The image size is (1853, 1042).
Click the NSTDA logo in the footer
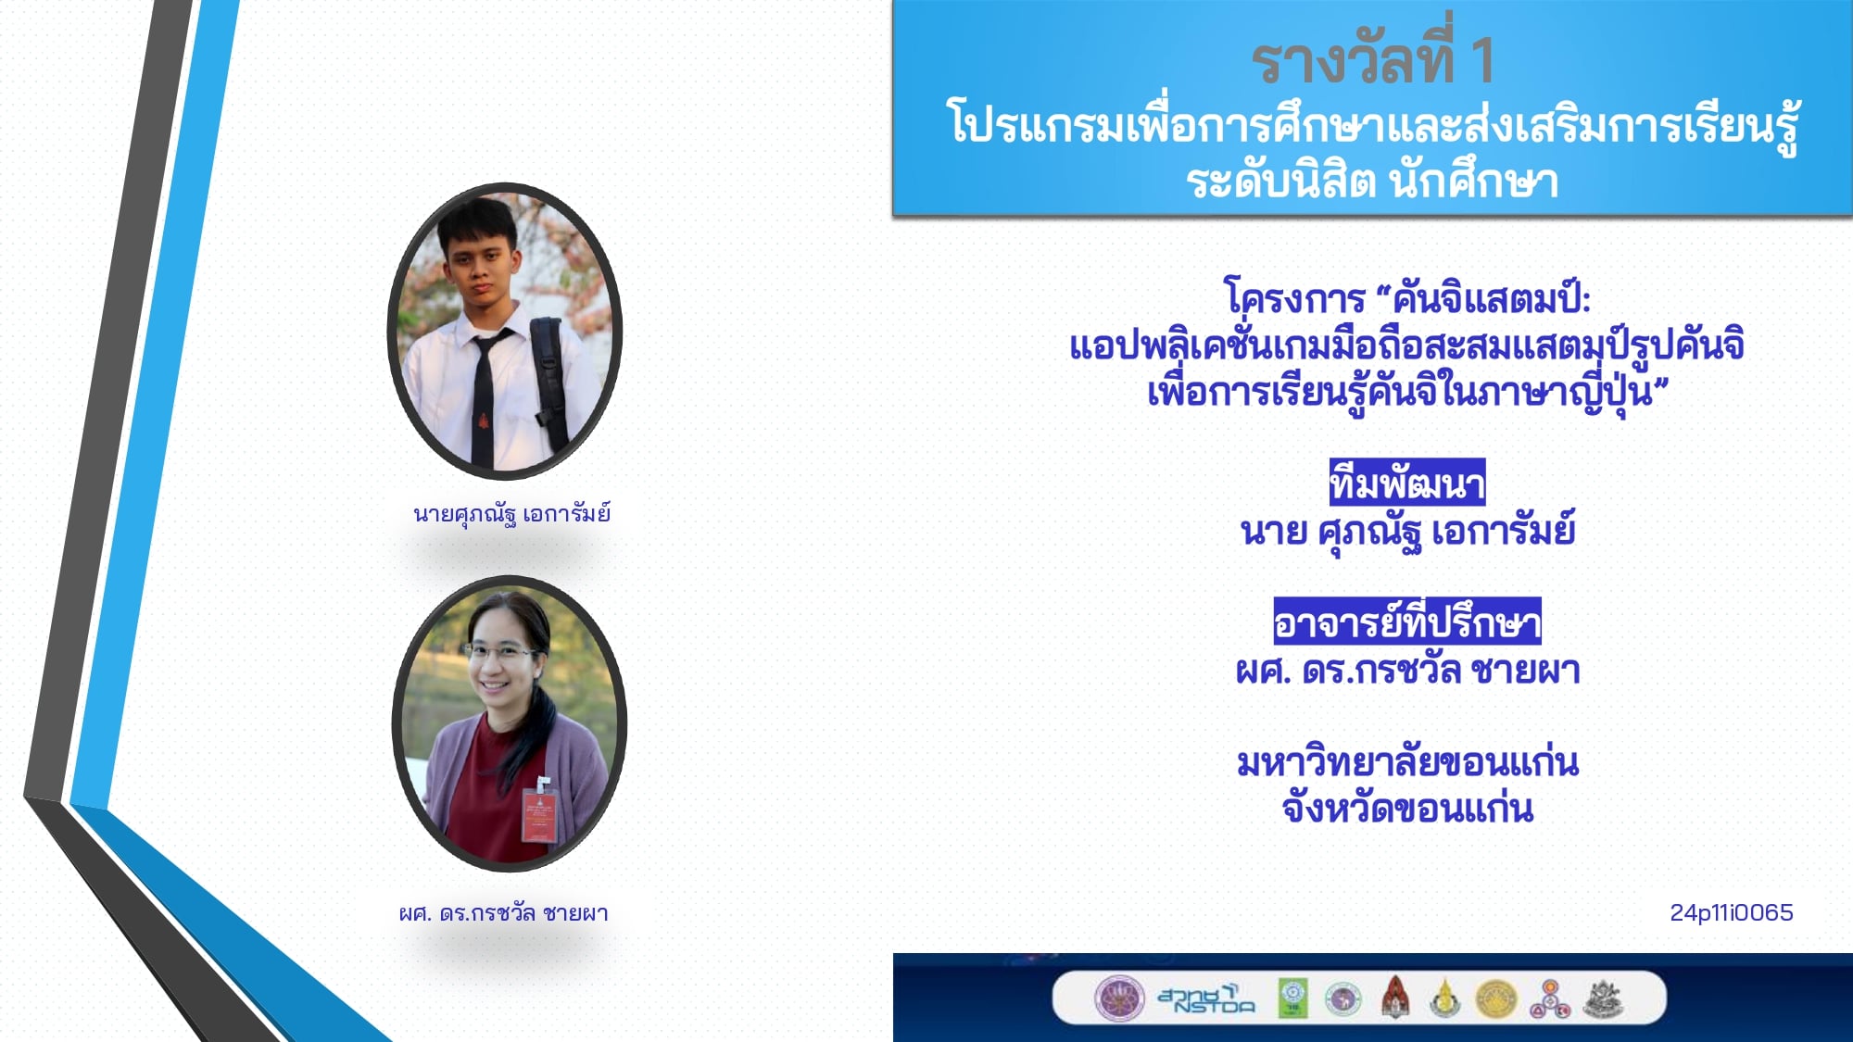(x=1206, y=998)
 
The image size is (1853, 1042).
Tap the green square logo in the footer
(x=1293, y=998)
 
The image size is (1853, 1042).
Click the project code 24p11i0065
(x=1731, y=912)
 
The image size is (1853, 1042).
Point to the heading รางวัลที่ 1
(x=1372, y=60)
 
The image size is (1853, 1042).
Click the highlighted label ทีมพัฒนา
(x=1407, y=483)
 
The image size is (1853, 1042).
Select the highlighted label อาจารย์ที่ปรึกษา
(x=1407, y=621)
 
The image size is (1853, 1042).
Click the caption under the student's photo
(x=511, y=514)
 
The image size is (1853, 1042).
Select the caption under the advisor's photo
(x=504, y=913)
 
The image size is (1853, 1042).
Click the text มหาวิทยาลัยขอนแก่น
(x=1407, y=762)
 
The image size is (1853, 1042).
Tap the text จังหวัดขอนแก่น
(x=1407, y=809)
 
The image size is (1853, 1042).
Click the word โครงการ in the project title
(x=1294, y=298)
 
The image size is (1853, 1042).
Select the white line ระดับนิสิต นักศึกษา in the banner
(x=1372, y=180)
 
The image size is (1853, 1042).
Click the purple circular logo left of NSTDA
(x=1119, y=998)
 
